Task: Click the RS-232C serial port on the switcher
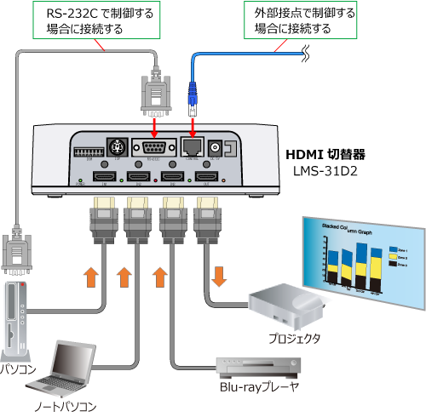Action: tap(156, 146)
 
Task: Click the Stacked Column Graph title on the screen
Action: tap(341, 232)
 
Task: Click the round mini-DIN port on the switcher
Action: tap(111, 146)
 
